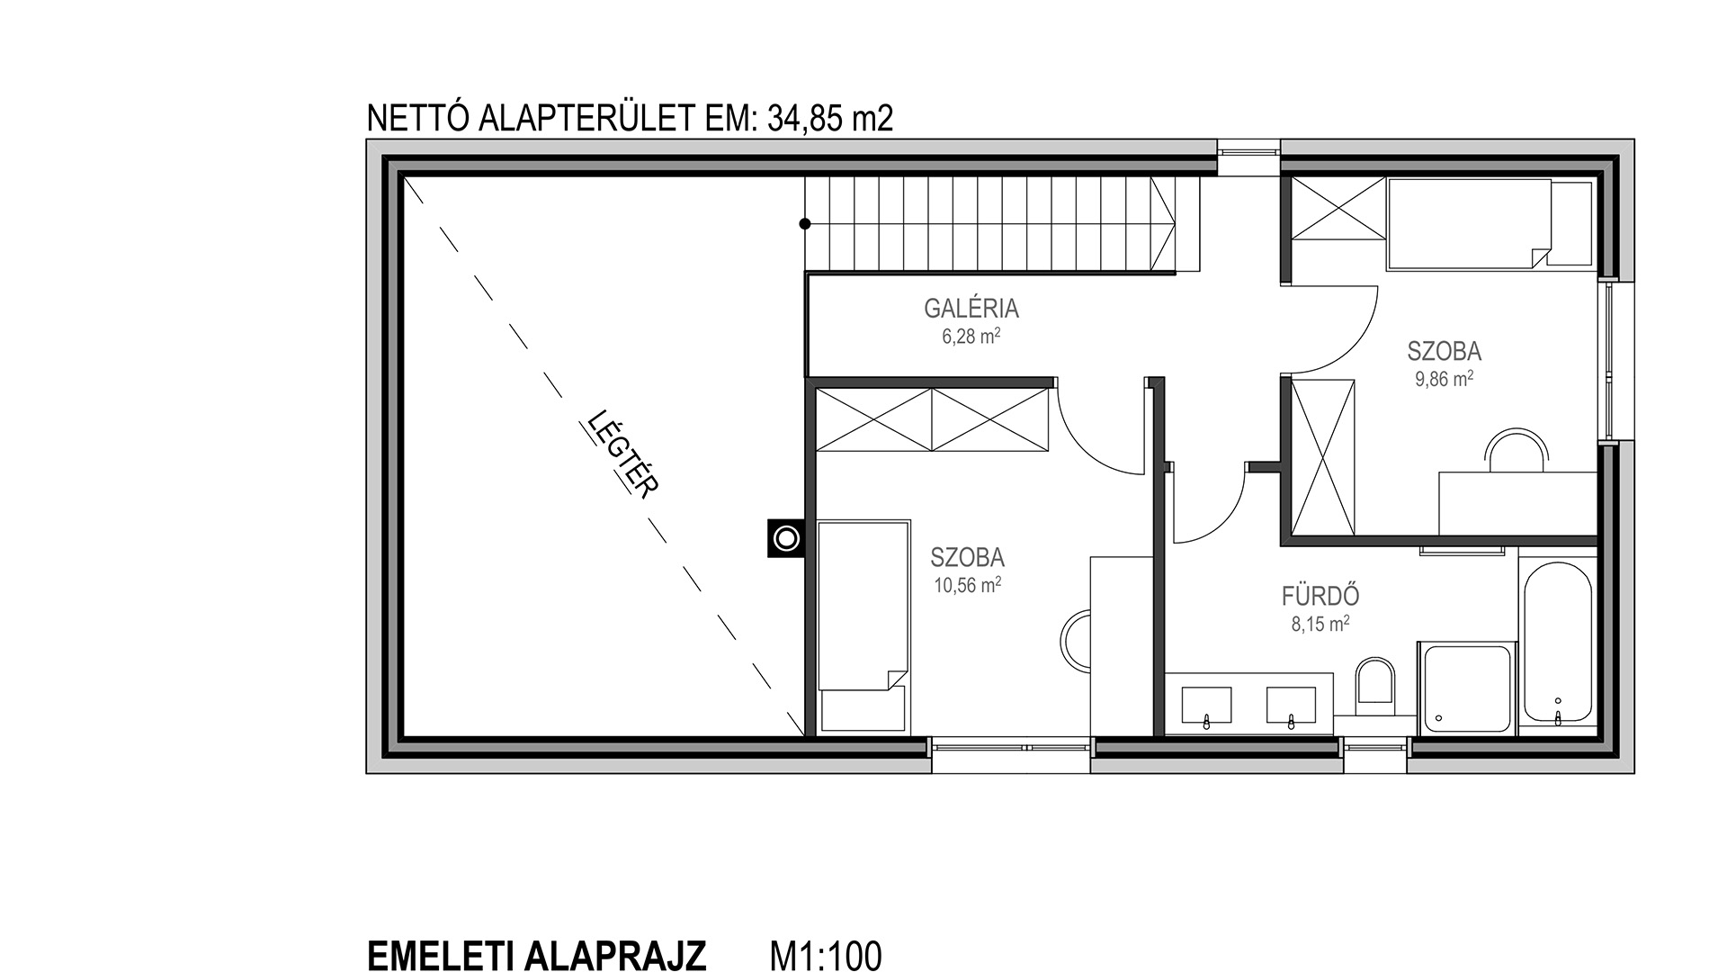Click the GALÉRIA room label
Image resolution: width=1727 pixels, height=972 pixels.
pos(971,309)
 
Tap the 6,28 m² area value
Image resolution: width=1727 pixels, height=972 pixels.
pos(971,337)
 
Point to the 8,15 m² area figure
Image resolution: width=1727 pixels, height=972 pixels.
pos(1320,624)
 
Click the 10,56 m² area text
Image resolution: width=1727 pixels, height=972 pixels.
pos(968,585)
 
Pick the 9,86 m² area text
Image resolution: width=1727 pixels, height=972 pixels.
pos(1445,379)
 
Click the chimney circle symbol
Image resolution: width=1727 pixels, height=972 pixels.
pos(787,539)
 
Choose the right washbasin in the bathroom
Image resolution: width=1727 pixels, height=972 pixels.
pos(1292,706)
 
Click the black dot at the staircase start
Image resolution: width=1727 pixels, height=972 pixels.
pos(805,224)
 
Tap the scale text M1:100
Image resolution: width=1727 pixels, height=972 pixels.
pos(826,955)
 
